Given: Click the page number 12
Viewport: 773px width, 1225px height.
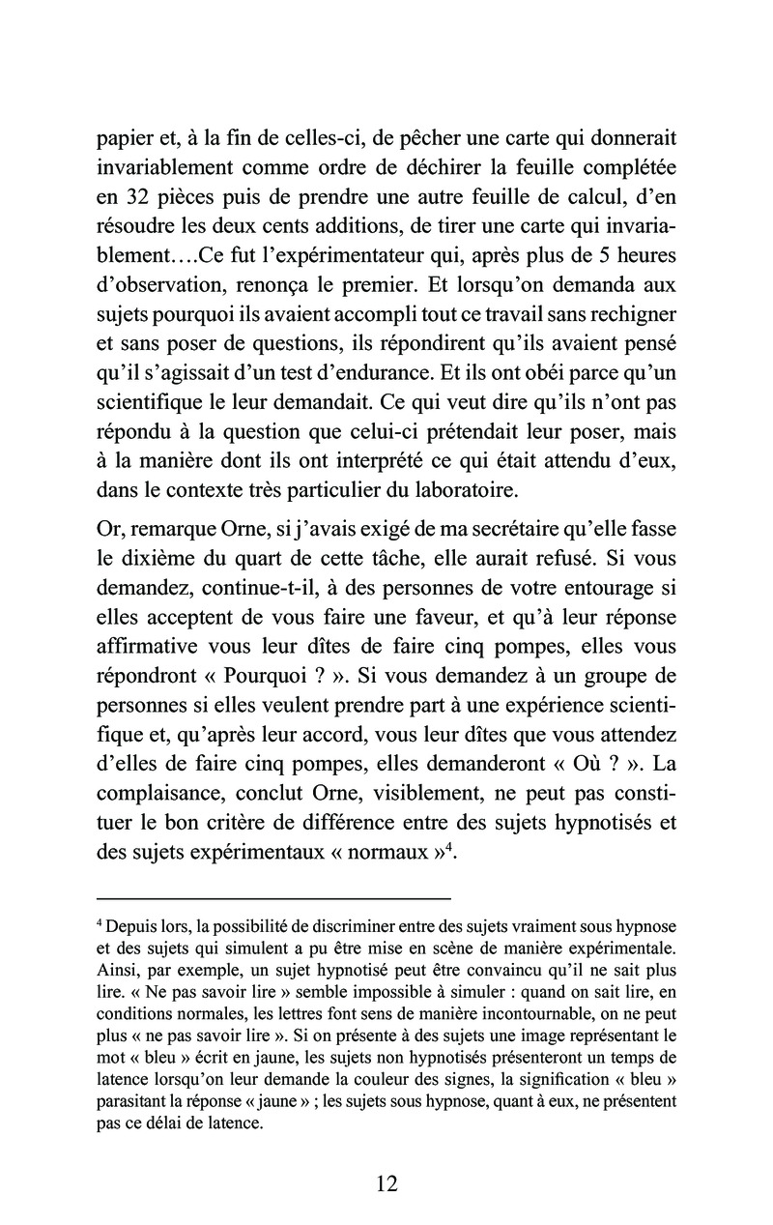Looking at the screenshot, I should (386, 1183).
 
